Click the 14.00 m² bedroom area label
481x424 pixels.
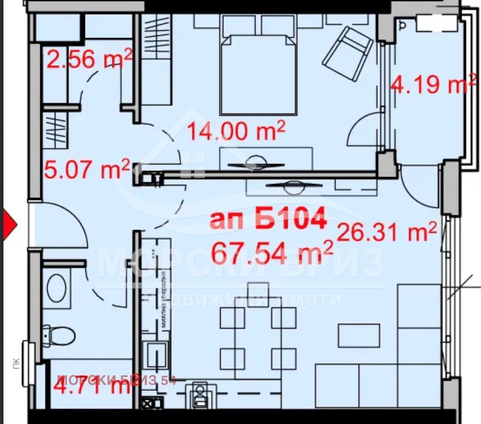coord(236,131)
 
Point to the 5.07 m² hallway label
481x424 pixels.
coord(87,169)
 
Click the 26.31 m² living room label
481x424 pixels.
coord(386,232)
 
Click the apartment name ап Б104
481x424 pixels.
coord(268,220)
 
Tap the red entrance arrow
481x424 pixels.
coord(9,224)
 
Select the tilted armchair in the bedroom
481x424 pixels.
coord(348,53)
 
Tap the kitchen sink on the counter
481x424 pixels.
coord(156,355)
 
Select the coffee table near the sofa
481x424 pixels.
coord(359,335)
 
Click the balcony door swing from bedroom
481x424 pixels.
coord(364,130)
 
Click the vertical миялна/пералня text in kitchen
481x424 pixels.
coord(164,300)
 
